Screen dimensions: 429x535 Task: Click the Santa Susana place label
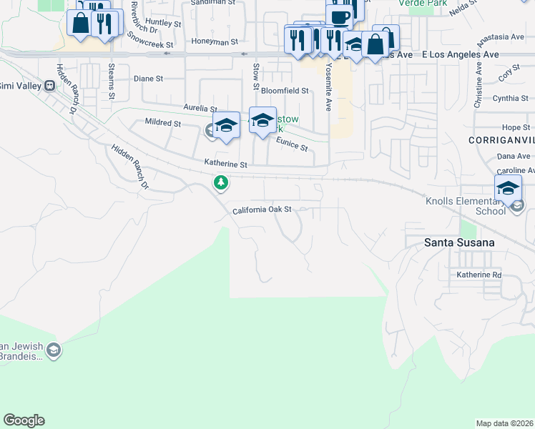click(458, 242)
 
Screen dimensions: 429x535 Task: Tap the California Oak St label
click(262, 210)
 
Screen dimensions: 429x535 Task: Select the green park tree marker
click(222, 183)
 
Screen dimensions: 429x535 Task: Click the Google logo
click(24, 420)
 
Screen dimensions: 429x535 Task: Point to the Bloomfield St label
click(284, 91)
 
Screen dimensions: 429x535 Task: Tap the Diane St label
click(149, 80)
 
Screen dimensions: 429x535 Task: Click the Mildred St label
click(162, 123)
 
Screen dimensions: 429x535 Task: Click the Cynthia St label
click(510, 99)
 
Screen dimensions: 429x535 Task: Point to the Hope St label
click(515, 127)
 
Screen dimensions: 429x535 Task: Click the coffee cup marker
click(340, 16)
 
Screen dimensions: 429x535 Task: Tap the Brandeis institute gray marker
click(54, 350)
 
